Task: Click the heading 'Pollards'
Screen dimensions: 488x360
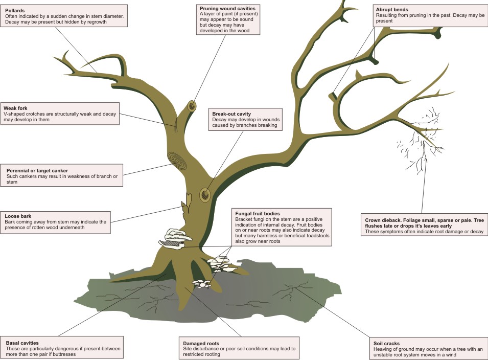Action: tap(15, 11)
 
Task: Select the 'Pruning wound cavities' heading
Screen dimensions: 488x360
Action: tap(227, 8)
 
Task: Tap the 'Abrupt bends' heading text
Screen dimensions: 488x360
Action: tap(392, 10)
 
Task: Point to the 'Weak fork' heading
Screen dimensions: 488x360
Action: tap(15, 108)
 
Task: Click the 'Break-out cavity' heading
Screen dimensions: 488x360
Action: tap(231, 114)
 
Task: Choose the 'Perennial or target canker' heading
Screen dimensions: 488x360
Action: tap(37, 171)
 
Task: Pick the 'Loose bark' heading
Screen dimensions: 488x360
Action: tap(18, 216)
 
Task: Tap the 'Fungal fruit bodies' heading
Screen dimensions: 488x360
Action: tap(258, 214)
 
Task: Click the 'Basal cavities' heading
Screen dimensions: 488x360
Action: tap(22, 343)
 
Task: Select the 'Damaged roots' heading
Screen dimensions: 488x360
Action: tap(201, 344)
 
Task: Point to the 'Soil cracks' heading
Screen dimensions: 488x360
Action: tap(386, 344)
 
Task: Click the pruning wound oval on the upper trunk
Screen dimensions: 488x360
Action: tap(192, 106)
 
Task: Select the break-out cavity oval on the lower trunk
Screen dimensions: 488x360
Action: tap(205, 195)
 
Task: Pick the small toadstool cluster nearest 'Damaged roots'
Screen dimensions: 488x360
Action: tap(201, 283)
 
